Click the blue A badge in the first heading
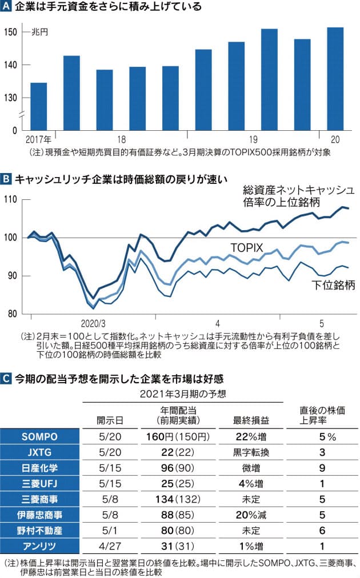tap(6, 7)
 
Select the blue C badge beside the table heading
tap(6, 378)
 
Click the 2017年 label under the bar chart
tap(38, 139)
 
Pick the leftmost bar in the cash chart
tap(38, 107)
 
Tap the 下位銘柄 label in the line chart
tap(333, 284)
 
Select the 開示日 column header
tap(108, 420)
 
